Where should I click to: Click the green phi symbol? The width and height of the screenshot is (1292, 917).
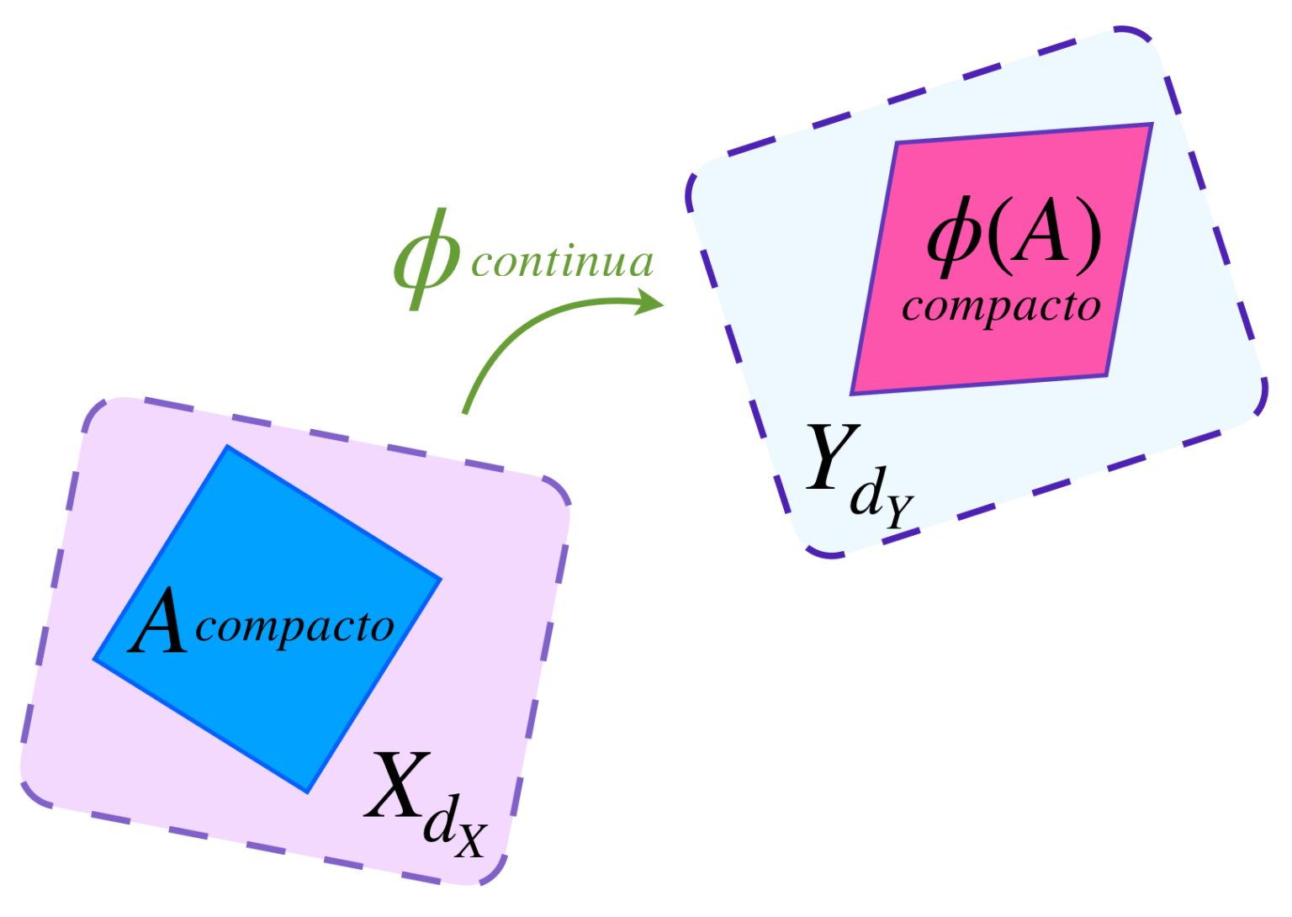coord(426,259)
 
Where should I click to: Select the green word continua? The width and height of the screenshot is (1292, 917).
coord(562,262)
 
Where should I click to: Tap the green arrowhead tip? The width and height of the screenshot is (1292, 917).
coord(662,302)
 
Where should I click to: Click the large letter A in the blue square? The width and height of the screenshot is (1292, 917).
coord(158,623)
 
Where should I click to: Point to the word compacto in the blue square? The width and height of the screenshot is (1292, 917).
coord(294,627)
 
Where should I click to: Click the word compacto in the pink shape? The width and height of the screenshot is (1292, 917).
coord(1001,307)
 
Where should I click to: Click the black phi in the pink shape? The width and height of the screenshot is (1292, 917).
coord(954,240)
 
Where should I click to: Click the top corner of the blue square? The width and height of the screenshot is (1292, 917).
coord(227,447)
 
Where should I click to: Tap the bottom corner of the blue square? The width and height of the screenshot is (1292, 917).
coord(307,792)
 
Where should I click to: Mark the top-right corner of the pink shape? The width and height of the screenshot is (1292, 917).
coord(1151,125)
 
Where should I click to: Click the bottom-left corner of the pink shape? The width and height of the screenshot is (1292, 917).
coord(852,393)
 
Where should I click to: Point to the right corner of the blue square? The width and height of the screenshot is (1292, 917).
coord(441,579)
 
